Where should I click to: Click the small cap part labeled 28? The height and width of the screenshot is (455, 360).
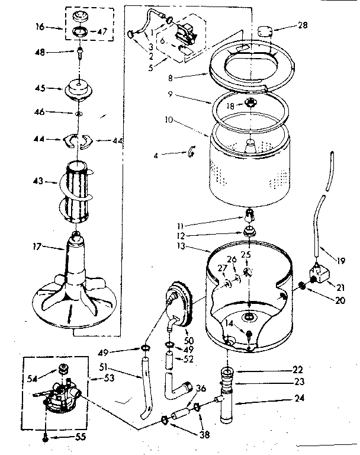[264, 30]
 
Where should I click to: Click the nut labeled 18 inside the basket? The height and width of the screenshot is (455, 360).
[250, 104]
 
